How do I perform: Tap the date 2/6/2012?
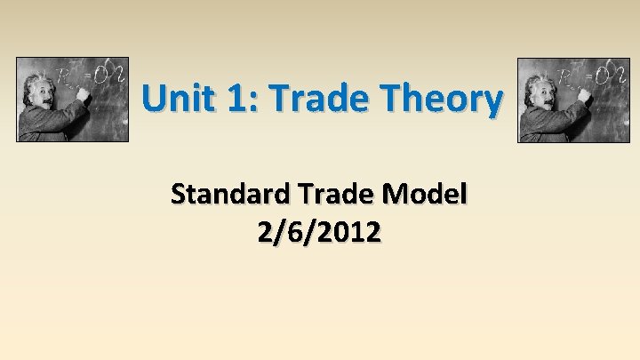(x=319, y=233)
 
